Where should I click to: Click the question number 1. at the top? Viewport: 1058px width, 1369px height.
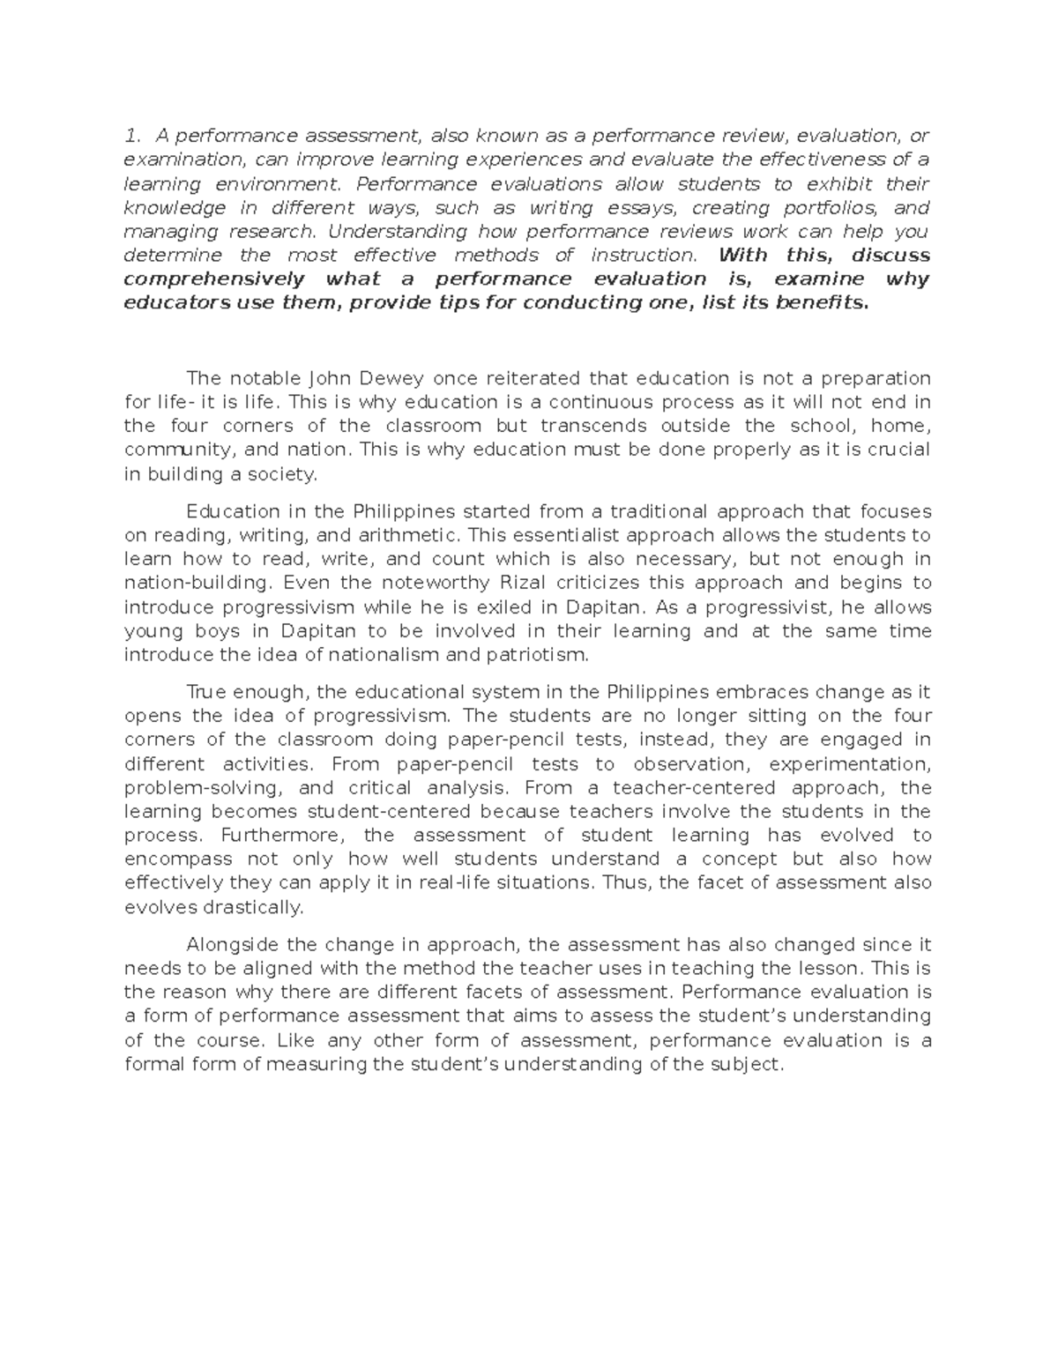(132, 136)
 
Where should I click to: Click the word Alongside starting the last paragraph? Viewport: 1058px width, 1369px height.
(234, 945)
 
